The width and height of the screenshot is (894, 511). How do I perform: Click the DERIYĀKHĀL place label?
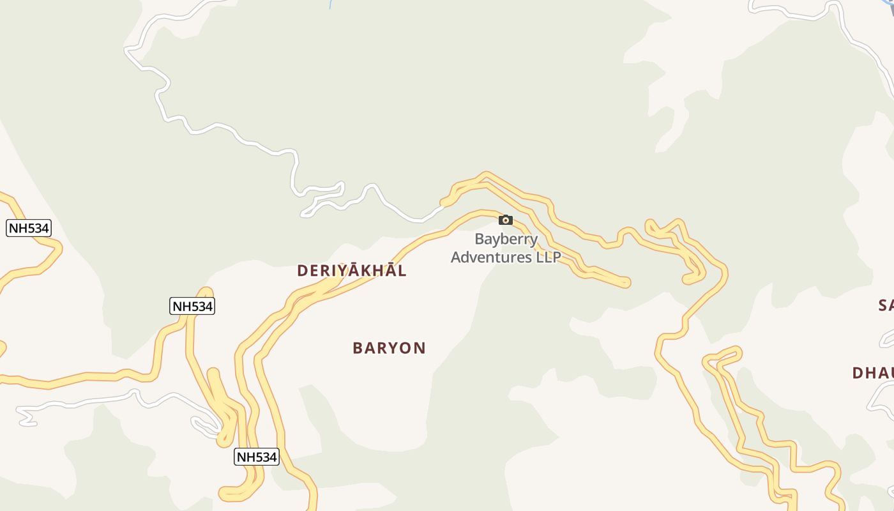pos(351,271)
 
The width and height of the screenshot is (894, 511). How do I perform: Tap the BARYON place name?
pos(389,348)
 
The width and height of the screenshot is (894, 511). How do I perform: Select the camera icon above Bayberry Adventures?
pos(506,220)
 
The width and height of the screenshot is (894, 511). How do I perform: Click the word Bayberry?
pos(506,240)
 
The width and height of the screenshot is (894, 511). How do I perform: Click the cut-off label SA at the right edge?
pos(886,305)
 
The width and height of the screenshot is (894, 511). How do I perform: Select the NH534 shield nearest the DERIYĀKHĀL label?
pos(192,306)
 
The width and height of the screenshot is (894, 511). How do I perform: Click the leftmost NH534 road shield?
pos(28,228)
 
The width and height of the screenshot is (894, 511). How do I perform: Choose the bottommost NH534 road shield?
pos(257,457)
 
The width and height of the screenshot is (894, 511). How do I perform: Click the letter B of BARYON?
pos(358,348)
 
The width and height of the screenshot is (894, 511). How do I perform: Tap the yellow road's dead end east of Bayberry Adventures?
pos(625,282)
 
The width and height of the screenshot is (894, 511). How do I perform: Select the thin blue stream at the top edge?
pos(331,4)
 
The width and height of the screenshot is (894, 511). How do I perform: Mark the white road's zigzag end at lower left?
pos(27,419)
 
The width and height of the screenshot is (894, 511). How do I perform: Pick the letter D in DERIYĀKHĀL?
pos(303,271)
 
